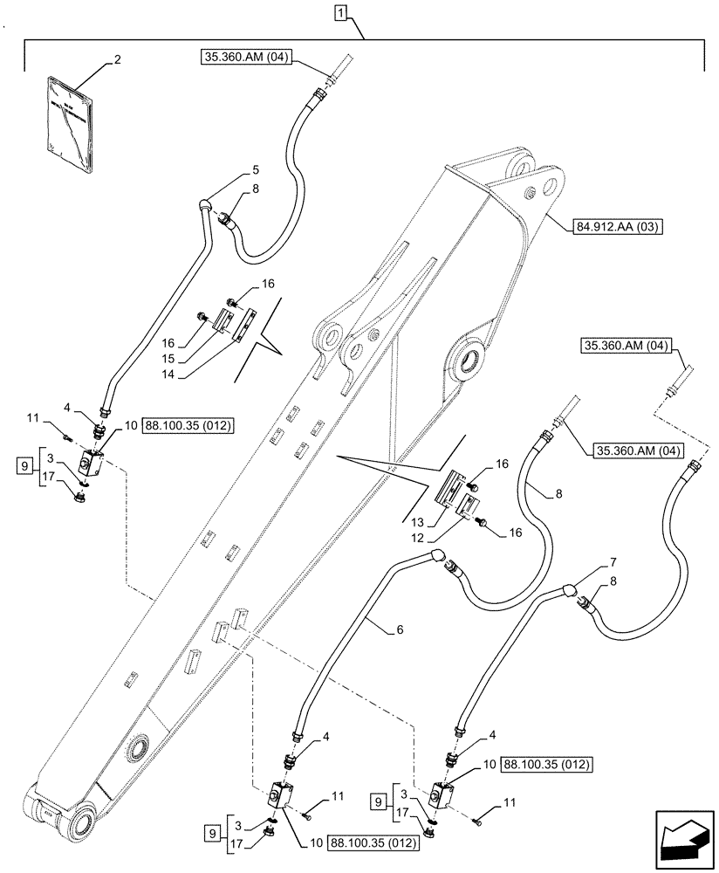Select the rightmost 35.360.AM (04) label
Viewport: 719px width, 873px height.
click(x=624, y=347)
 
